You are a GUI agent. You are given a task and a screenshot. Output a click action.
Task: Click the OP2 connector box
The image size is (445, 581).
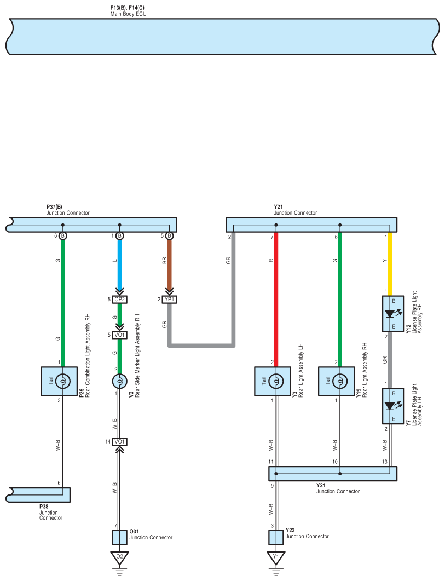coord(120,299)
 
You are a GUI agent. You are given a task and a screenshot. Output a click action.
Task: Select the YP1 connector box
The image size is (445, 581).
coord(169,299)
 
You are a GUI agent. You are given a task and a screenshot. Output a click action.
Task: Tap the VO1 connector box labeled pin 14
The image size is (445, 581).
coord(120,441)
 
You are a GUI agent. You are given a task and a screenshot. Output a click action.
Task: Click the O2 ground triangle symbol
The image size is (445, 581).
coord(120,557)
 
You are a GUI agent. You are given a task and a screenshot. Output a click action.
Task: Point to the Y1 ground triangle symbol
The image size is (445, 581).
coord(276,557)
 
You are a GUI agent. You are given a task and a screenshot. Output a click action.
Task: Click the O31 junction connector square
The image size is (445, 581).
coord(120,538)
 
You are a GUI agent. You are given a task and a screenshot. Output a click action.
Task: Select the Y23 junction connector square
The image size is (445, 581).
coord(276,538)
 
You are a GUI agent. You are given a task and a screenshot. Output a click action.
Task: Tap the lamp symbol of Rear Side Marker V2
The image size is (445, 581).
coord(120,381)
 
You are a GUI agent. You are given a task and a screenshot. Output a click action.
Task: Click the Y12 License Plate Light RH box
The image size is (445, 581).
coord(393,313)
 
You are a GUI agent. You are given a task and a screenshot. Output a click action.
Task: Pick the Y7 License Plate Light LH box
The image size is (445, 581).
coord(393,406)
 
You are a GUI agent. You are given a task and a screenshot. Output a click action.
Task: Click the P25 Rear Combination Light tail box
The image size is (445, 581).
coord(59,381)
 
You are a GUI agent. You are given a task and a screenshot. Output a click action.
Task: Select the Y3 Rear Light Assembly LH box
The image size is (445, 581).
coord(273,381)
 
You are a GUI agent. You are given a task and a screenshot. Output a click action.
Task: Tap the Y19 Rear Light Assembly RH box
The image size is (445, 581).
coord(337,381)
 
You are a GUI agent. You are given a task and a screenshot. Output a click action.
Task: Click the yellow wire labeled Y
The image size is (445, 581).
coord(390,264)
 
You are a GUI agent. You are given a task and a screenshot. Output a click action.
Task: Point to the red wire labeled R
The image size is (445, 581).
coord(276,300)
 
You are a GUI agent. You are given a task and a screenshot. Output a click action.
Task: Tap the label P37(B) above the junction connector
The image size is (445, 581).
coord(55,207)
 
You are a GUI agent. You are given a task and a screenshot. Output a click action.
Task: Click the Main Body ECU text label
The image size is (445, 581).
coord(128,14)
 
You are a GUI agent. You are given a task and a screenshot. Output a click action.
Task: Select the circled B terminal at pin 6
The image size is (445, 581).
coord(63,235)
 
